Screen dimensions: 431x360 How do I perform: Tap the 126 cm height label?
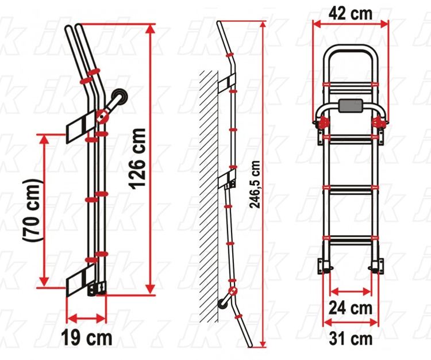pyautogui.click(x=137, y=159)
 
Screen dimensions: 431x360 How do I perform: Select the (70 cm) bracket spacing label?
pyautogui.click(x=32, y=211)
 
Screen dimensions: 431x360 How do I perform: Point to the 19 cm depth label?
pyautogui.click(x=87, y=338)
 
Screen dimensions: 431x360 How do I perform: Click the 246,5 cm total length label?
pyautogui.click(x=255, y=185)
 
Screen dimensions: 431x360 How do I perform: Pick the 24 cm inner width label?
pyautogui.click(x=351, y=308)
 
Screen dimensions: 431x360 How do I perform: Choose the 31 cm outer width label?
pyautogui.click(x=351, y=339)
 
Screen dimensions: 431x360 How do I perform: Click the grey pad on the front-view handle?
pyautogui.click(x=351, y=106)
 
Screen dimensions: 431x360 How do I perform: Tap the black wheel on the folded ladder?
pyautogui.click(x=120, y=97)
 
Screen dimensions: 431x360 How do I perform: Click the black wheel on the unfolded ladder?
pyautogui.click(x=222, y=302)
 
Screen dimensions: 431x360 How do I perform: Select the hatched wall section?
pyautogui.click(x=209, y=196)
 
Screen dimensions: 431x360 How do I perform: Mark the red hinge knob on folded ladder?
pyautogui.click(x=102, y=116)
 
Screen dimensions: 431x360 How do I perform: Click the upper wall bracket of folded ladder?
pyautogui.click(x=81, y=127)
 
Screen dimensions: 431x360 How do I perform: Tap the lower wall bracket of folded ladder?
pyautogui.click(x=82, y=280)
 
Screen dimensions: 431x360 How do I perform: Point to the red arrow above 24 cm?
pyautogui.click(x=351, y=291)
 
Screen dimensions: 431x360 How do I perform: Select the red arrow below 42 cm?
pyautogui.click(x=351, y=25)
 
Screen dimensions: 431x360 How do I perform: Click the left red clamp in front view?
pyautogui.click(x=323, y=122)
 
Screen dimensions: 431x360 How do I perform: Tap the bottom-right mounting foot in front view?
pyautogui.click(x=376, y=266)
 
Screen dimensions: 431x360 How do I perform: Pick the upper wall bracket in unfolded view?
pyautogui.click(x=227, y=82)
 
